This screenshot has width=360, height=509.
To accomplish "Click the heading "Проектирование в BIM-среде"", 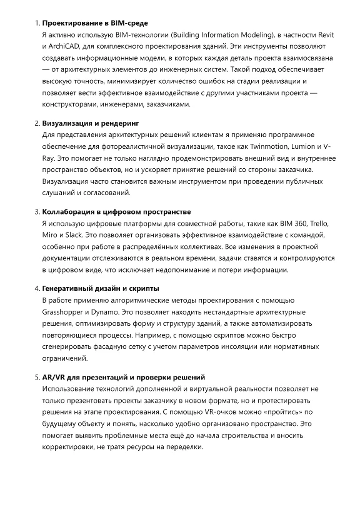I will [x=94, y=23].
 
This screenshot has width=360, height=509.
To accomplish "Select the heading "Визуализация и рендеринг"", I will [x=90, y=123].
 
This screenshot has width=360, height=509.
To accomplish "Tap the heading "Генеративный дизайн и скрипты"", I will [x=100, y=288].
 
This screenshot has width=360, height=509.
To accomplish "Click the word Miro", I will [x=51, y=234].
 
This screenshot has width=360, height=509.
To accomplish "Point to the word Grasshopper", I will [x=65, y=311].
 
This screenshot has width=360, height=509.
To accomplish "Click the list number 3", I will [x=36, y=212].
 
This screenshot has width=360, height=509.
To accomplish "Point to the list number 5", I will [x=36, y=377].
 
